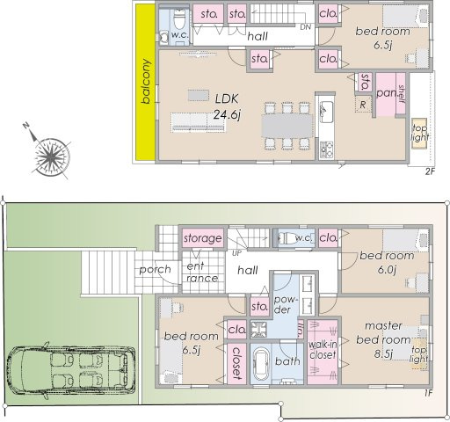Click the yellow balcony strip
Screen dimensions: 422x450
coord(145,84)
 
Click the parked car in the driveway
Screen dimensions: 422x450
coord(71,368)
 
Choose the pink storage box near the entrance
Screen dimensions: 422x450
coord(202,238)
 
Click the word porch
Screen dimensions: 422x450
coord(156,270)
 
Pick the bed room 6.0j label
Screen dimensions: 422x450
coord(386,262)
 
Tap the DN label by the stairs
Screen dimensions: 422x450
coord(305,28)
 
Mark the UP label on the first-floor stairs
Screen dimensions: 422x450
coord(236,254)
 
